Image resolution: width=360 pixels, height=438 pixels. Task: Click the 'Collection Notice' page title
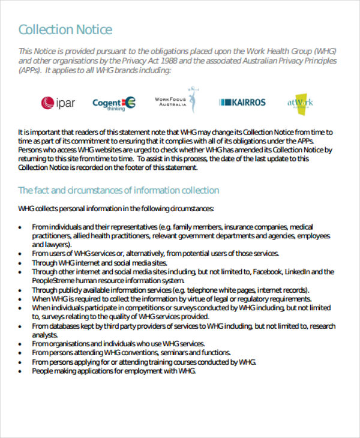[65, 29]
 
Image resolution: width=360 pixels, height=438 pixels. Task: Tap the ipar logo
[58, 103]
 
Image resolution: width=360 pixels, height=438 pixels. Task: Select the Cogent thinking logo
[113, 103]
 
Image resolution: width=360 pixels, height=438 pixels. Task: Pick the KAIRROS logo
[242, 103]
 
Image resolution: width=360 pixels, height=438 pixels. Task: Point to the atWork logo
[300, 103]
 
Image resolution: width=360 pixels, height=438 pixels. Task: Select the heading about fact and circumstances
[119, 190]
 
